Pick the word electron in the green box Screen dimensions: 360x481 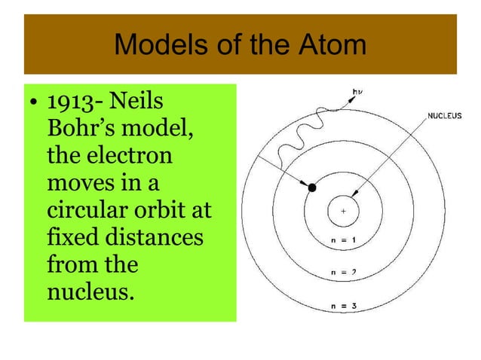click(131, 157)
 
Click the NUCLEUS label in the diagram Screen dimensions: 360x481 click(445, 116)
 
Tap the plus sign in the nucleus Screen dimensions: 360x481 click(344, 212)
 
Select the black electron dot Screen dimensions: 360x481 click(311, 188)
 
